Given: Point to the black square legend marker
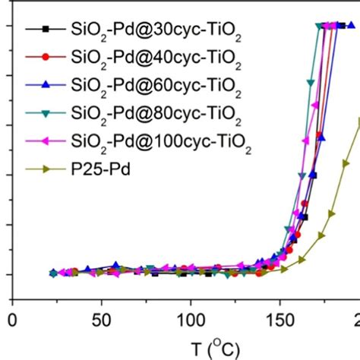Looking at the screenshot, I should (x=46, y=30).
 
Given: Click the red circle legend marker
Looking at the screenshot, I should (x=46, y=56).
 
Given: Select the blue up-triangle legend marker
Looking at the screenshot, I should (x=46, y=82).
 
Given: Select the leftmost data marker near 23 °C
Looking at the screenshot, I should (x=53, y=273).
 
